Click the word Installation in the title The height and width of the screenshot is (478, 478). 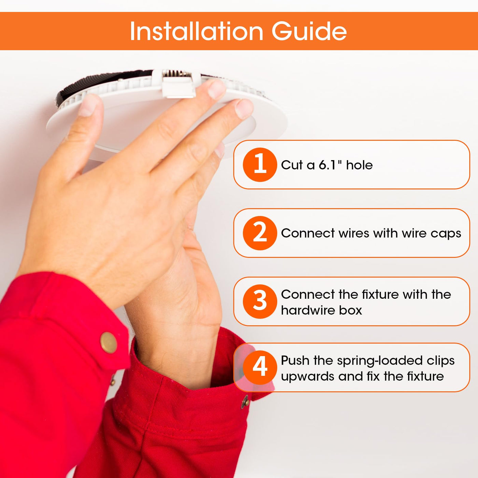196,31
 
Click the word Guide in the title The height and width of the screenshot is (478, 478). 309,31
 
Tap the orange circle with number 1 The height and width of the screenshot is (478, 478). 260,165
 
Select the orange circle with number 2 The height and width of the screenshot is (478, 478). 260,233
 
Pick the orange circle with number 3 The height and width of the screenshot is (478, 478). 260,301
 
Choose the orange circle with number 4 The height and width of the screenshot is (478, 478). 260,367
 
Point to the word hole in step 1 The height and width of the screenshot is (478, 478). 360,165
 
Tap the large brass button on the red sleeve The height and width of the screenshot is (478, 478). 108,342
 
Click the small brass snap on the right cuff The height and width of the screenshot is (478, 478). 245,402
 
